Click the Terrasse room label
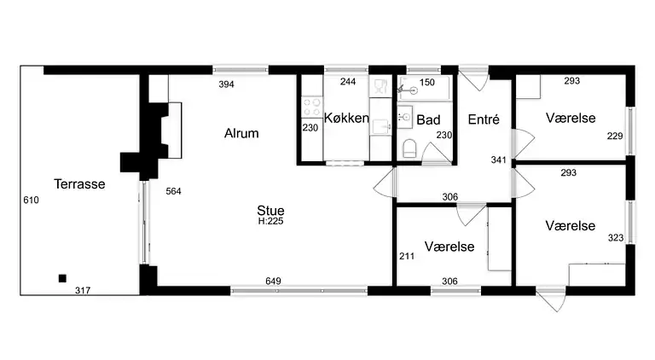pos(78,183)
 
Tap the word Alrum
pos(241,134)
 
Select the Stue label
pos(270,210)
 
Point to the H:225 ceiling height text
pos(270,221)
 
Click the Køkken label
pos(346,119)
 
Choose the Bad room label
pos(428,121)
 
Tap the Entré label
pos(484,119)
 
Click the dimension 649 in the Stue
pos(274,281)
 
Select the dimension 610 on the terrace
pos(31,200)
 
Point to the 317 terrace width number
pos(83,291)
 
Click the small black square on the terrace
pos(61,278)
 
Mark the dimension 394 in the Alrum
pos(226,84)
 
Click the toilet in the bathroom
pos(409,149)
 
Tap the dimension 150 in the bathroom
pos(427,83)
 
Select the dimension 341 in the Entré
pos(499,160)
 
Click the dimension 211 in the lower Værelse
pos(406,255)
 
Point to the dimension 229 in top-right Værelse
pos(615,136)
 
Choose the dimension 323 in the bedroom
pos(615,238)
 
